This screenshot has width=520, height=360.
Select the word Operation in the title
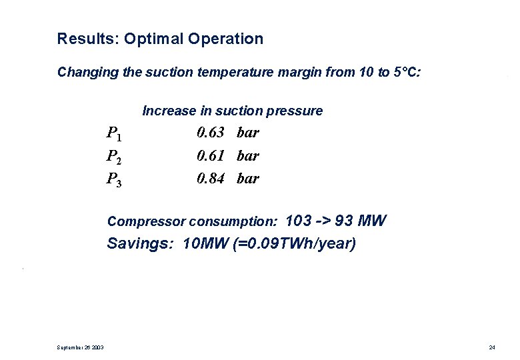click(225, 39)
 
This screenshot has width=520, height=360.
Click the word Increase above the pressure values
click(168, 111)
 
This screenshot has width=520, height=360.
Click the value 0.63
click(210, 132)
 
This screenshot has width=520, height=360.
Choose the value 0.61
click(210, 155)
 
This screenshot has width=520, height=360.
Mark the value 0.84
click(210, 178)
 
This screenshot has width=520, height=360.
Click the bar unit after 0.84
click(247, 178)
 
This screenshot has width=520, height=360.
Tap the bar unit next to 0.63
click(247, 132)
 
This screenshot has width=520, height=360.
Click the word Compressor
click(147, 221)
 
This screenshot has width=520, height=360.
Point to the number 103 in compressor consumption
click(299, 221)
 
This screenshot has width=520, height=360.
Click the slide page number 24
click(492, 347)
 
